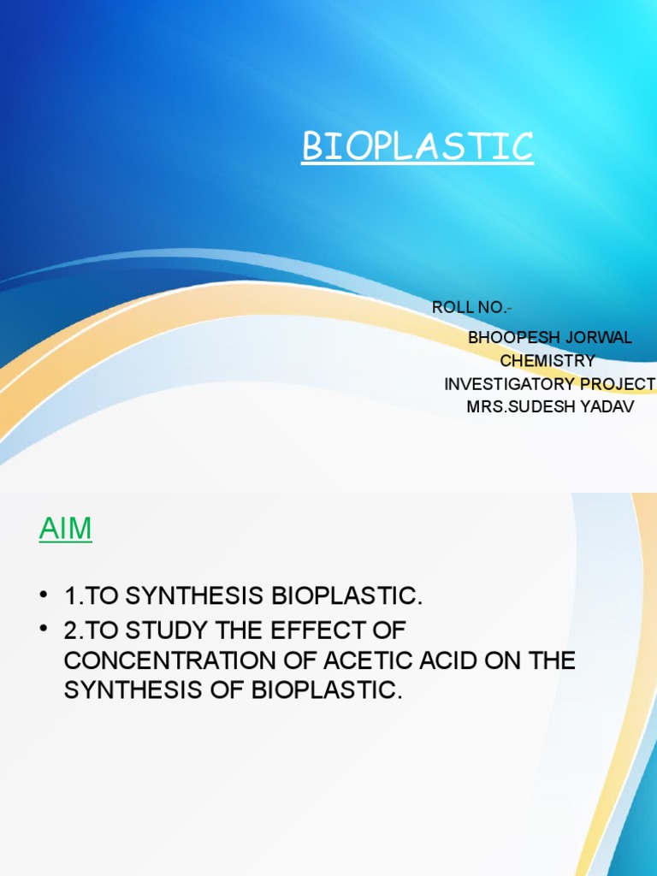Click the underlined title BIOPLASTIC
point(417,147)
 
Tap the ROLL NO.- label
point(472,308)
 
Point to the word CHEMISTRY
point(547,361)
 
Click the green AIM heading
point(65,530)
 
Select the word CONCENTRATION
point(176,660)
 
